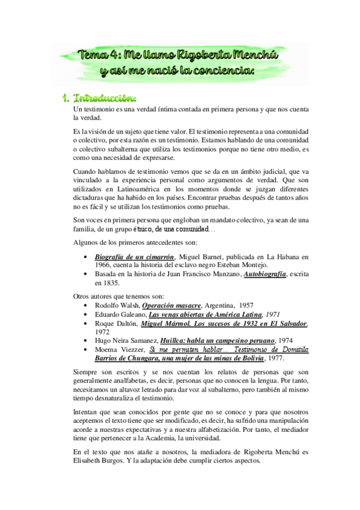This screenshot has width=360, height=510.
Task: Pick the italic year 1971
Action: [274, 314]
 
